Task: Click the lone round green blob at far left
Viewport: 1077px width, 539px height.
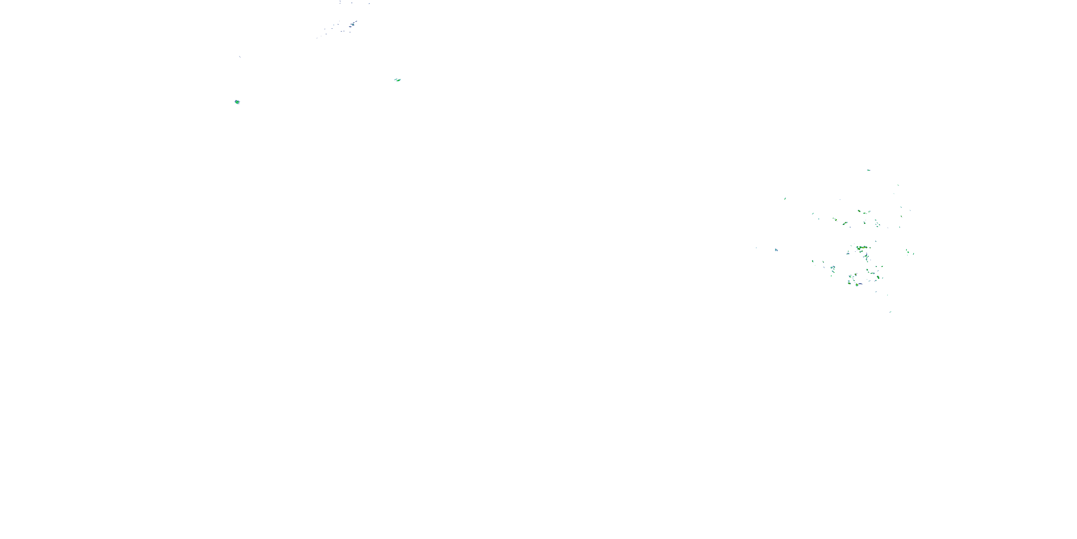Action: coord(237,102)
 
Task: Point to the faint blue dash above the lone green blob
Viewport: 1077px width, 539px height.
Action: coord(239,56)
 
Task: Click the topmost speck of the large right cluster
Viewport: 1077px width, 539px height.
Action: coord(869,170)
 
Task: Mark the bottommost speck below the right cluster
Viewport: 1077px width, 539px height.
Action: coord(891,312)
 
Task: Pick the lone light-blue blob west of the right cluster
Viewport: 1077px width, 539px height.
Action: coord(776,250)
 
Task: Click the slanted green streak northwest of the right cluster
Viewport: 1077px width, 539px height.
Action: coord(785,198)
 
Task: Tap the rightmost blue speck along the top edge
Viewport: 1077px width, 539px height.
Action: coord(369,3)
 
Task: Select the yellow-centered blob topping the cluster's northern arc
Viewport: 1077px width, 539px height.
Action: coord(859,211)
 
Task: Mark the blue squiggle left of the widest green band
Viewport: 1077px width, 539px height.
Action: coord(848,254)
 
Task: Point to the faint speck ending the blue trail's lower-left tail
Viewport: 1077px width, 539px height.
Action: coord(317,38)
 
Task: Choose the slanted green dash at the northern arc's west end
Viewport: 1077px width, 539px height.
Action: coord(813,213)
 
